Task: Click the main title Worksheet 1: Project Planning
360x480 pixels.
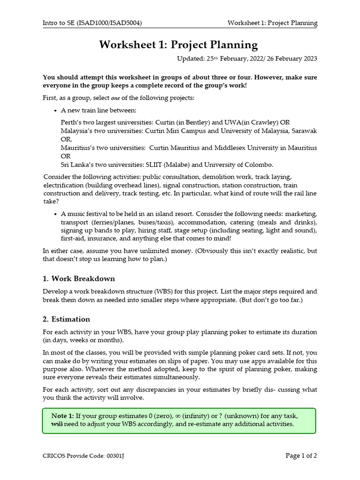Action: coord(179,45)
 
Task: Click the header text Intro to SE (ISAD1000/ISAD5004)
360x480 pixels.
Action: coord(92,23)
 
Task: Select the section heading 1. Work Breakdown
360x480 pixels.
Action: coord(79,278)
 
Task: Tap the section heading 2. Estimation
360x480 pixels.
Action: coord(66,319)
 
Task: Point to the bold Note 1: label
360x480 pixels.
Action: coord(63,416)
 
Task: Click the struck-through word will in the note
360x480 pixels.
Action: coord(57,424)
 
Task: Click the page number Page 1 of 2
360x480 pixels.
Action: coord(301,455)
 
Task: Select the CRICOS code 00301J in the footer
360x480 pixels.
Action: coord(119,456)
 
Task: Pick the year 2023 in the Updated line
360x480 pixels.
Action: coord(309,59)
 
